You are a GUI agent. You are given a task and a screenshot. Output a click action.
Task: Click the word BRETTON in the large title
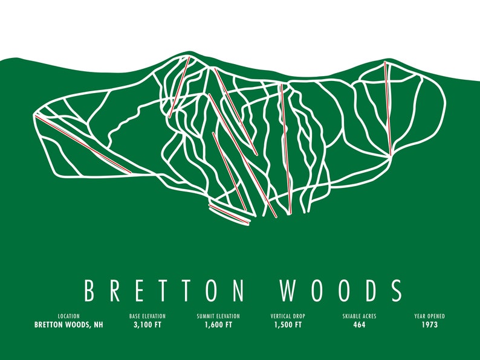point(164,290)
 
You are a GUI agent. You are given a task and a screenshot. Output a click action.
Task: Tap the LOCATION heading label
point(68,316)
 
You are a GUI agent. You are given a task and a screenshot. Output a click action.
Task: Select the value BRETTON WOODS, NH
point(68,325)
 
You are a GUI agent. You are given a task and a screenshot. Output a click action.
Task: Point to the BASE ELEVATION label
point(147,316)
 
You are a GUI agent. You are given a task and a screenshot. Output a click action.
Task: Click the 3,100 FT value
point(147,325)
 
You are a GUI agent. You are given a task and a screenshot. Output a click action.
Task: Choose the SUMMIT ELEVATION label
point(218,316)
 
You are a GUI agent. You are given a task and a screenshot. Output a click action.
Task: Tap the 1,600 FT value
point(218,325)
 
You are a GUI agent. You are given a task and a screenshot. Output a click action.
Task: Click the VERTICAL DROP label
point(288,316)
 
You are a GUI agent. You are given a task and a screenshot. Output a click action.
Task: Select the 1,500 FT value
point(288,325)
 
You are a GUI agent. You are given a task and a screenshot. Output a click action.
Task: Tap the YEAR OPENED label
point(430,316)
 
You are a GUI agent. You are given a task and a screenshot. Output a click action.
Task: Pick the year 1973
point(430,325)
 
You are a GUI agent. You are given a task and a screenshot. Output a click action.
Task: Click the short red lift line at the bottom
point(229,214)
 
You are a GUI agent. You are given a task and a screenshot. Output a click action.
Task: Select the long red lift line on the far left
point(83,144)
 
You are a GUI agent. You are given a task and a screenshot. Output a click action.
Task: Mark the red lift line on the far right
point(388,109)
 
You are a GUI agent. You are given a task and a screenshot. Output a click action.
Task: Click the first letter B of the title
point(89,290)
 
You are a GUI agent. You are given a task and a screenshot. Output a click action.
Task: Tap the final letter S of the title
point(396,290)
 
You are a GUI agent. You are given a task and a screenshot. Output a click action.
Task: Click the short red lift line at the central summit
point(180,86)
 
